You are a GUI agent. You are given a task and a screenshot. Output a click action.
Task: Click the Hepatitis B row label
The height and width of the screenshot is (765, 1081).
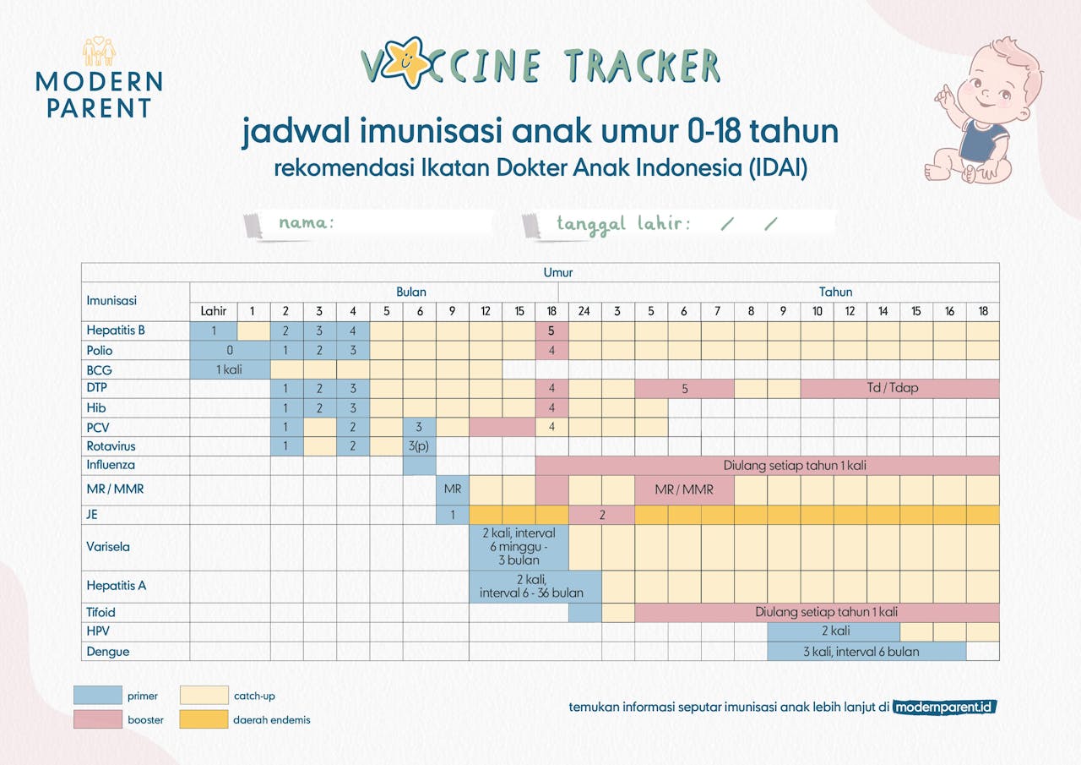click(x=116, y=331)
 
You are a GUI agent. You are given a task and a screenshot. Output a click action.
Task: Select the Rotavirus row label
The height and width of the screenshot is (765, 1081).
click(x=111, y=446)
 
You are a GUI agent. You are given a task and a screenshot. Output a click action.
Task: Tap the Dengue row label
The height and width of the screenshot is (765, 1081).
click(x=107, y=652)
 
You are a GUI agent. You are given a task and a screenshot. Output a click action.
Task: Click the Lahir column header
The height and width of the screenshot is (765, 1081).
click(x=214, y=311)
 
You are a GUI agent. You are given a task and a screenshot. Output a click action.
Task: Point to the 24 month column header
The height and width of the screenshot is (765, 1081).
click(x=584, y=311)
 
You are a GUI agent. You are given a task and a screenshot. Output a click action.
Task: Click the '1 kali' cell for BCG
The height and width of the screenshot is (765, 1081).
click(x=230, y=370)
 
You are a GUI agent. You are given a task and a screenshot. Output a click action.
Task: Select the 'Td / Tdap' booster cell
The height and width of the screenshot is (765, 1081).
click(x=899, y=388)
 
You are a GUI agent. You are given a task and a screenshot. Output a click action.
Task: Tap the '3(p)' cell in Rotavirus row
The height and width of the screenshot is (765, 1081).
click(x=419, y=446)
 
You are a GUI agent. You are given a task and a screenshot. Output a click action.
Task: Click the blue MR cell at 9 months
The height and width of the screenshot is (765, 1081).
click(x=452, y=489)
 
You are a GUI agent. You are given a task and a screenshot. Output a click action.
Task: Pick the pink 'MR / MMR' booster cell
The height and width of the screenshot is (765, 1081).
click(x=684, y=489)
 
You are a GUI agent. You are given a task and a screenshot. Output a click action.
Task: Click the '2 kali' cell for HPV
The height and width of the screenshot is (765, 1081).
click(x=834, y=631)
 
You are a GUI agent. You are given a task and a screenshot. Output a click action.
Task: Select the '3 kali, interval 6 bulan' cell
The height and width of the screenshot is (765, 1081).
click(x=866, y=652)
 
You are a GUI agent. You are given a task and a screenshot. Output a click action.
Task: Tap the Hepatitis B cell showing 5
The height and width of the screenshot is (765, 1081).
click(x=551, y=331)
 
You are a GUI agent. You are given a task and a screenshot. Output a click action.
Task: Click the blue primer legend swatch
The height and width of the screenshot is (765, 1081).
click(x=98, y=696)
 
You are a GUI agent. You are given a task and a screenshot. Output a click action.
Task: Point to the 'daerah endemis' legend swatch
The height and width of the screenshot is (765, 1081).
click(x=204, y=719)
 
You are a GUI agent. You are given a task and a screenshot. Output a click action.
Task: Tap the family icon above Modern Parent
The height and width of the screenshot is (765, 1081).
click(x=99, y=52)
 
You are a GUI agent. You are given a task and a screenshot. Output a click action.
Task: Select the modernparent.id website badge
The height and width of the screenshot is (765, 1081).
click(x=944, y=707)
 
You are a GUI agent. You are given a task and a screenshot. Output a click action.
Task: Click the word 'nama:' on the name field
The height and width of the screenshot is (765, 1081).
click(x=307, y=222)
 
